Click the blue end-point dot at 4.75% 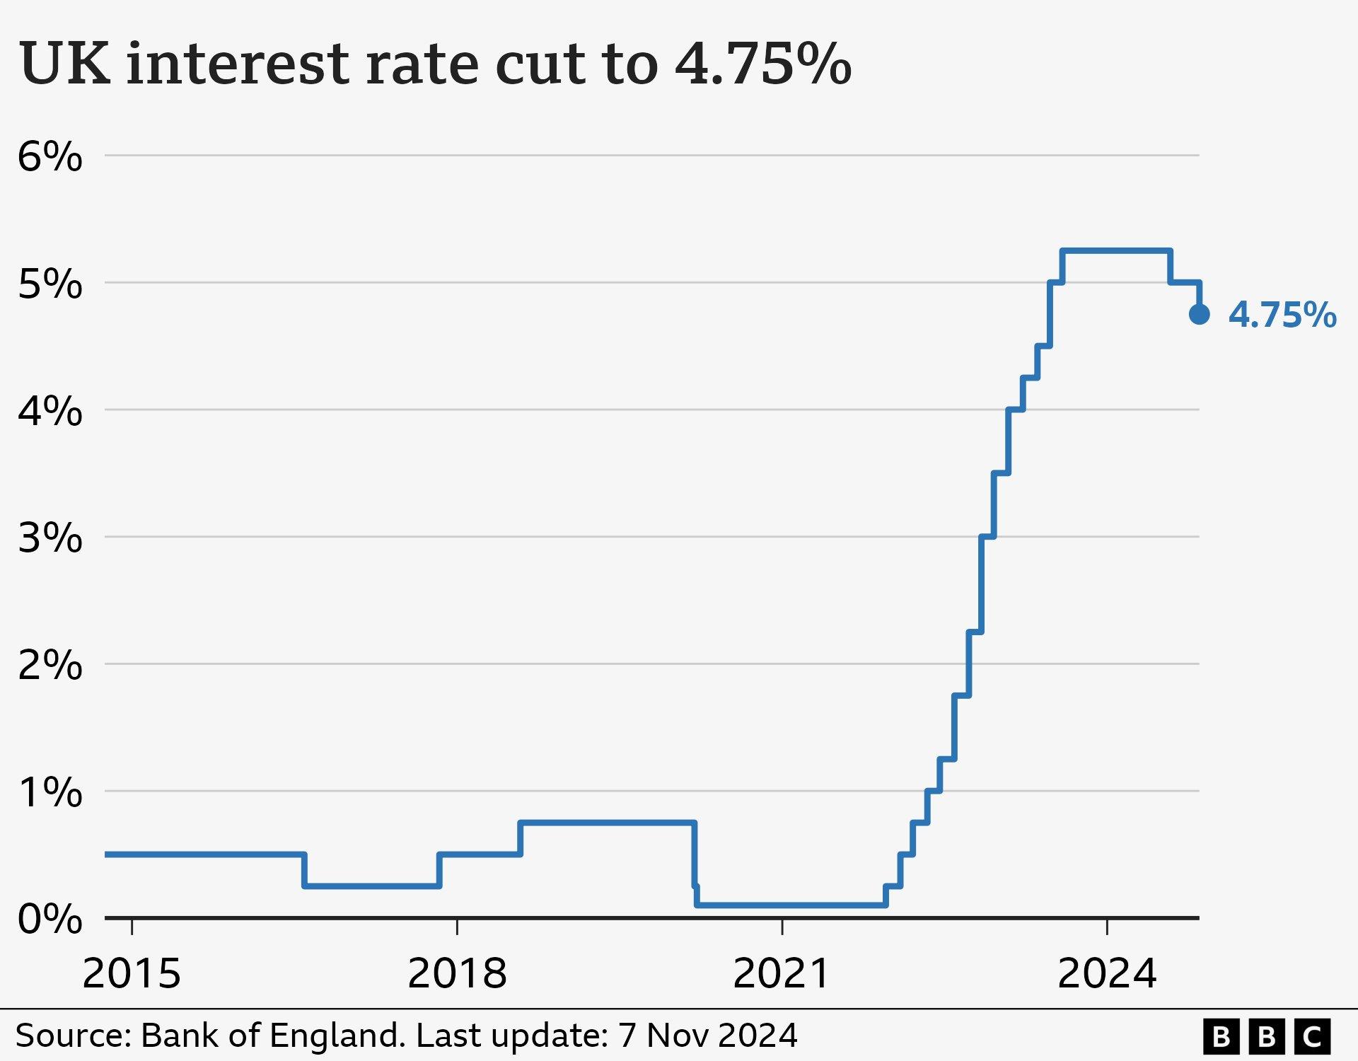point(1199,314)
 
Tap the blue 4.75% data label point(1282,315)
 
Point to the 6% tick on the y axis point(50,156)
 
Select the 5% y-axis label point(50,284)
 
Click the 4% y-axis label point(50,411)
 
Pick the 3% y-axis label point(50,538)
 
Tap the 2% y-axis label point(50,665)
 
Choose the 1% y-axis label point(50,792)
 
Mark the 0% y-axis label point(50,920)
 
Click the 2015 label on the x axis point(132,974)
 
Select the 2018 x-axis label point(457,974)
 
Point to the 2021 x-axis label point(782,974)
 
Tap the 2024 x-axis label point(1107,974)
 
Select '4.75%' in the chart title point(762,64)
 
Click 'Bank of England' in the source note point(273,1036)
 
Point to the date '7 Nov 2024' point(708,1036)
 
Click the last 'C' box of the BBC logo point(1313,1037)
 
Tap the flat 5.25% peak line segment point(1116,250)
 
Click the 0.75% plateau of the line point(608,823)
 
